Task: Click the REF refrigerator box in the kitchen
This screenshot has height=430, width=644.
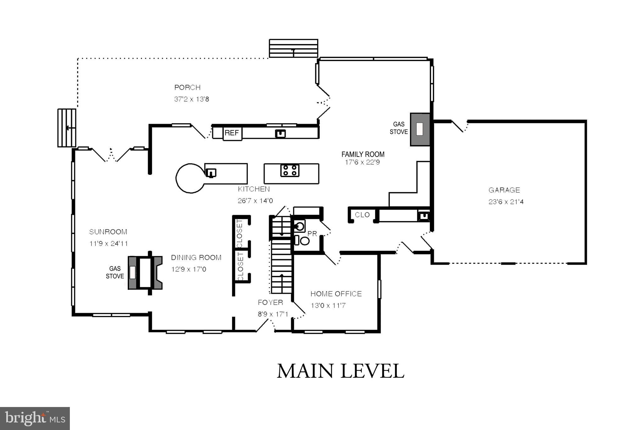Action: point(232,133)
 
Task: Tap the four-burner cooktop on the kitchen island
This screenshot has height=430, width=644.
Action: point(290,170)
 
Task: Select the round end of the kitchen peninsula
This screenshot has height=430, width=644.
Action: point(190,178)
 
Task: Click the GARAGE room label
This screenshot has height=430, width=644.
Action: point(504,190)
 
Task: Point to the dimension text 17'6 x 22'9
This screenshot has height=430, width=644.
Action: point(362,163)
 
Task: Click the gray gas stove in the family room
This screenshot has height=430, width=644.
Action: point(420,129)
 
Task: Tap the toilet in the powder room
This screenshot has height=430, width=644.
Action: point(304,241)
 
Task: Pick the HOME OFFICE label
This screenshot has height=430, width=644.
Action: point(336,294)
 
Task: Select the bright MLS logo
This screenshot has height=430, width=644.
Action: point(35,418)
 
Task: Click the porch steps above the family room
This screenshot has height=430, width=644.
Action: point(293,49)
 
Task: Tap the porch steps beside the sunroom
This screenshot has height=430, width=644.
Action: point(67,128)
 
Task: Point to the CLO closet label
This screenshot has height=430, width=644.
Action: point(362,215)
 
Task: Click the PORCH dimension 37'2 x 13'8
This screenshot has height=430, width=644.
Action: point(192,99)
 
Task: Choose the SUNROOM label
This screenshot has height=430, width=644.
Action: point(108,232)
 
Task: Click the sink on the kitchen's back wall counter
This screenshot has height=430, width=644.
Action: point(280,134)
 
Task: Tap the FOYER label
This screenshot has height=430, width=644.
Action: point(270,303)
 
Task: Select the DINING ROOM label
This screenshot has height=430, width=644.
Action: point(196,258)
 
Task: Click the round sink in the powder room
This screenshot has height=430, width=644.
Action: point(300,226)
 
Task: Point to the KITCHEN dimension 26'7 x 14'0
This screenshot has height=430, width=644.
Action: point(255,201)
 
